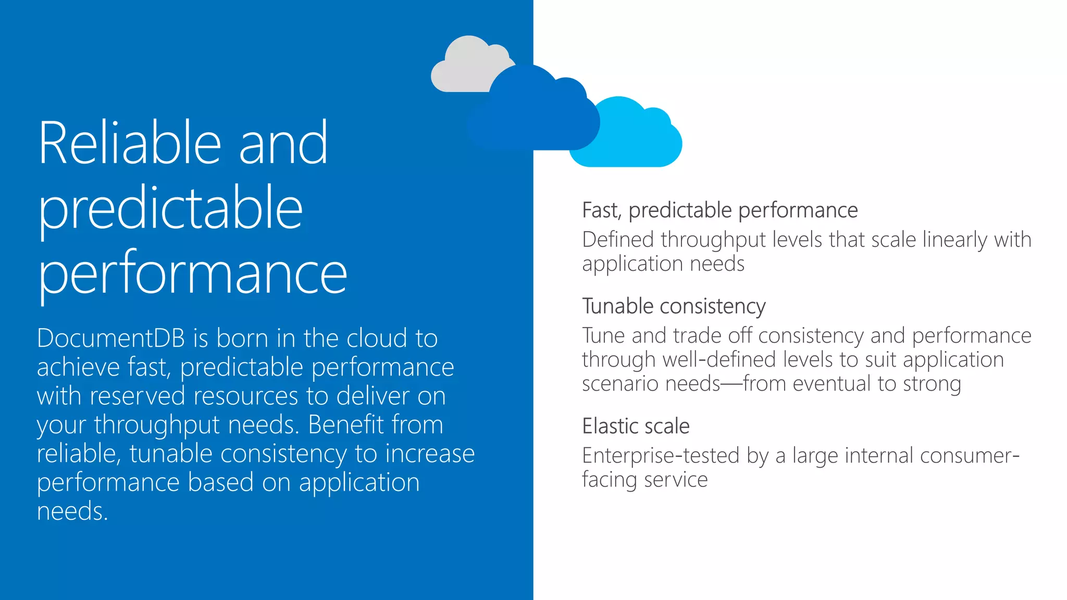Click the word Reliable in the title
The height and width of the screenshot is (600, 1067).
(130, 143)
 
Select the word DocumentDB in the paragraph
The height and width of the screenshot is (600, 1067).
(111, 339)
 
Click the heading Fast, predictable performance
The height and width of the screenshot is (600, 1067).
(719, 210)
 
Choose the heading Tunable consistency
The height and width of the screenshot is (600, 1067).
(674, 306)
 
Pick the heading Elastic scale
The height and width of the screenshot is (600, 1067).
(636, 426)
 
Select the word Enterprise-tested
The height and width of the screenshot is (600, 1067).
(661, 456)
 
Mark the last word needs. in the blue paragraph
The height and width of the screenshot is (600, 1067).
(72, 511)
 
